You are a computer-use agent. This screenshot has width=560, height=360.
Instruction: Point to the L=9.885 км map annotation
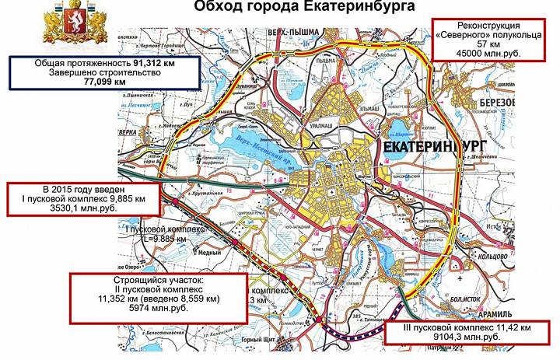(166, 239)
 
